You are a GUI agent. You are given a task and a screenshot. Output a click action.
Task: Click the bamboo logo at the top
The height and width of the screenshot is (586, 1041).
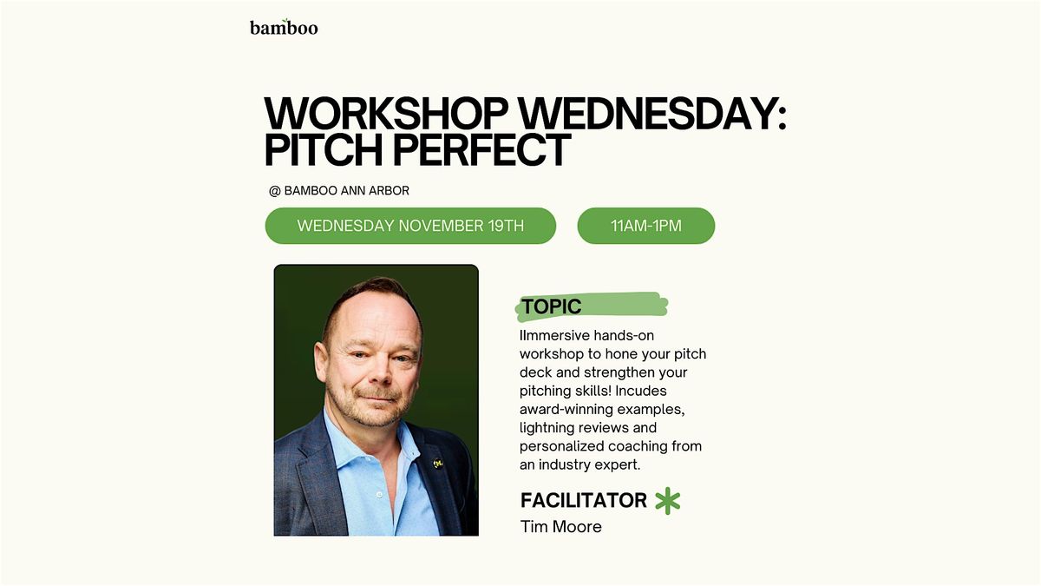coord(284,27)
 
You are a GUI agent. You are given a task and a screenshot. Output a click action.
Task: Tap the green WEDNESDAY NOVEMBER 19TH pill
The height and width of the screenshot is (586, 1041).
coord(410,226)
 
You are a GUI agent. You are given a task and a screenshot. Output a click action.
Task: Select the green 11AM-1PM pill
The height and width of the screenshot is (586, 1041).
coord(646,226)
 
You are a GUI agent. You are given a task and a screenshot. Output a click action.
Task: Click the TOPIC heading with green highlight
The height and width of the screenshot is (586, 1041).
coord(552,306)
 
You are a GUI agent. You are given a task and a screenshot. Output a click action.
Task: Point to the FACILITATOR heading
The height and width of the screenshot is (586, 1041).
coord(584,500)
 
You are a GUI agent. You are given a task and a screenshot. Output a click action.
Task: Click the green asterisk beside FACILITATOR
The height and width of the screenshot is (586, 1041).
coord(668,501)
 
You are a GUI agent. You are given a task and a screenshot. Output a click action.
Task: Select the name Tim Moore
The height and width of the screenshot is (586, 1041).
coord(560,526)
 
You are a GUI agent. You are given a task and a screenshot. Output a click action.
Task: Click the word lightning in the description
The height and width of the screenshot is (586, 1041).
coord(550,427)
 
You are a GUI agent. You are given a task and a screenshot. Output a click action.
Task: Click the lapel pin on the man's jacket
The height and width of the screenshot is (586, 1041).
coord(437,464)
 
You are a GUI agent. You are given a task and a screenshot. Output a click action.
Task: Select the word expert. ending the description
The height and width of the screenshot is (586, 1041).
coord(619,464)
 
